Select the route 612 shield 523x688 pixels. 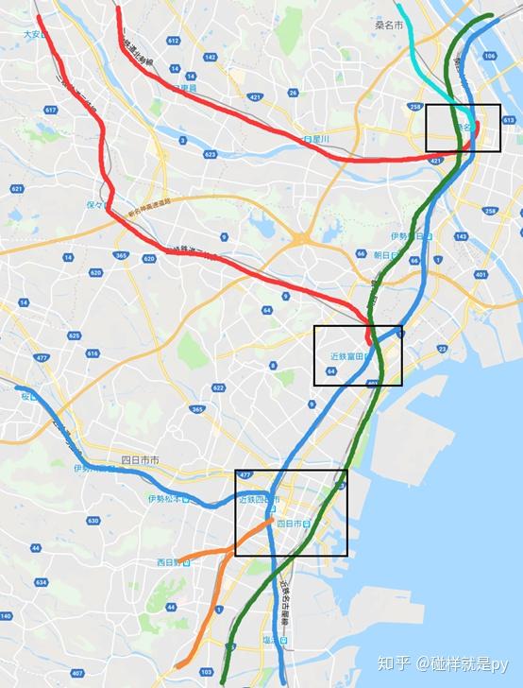point(173,42)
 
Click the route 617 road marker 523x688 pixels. point(50,111)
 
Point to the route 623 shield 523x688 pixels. point(210,153)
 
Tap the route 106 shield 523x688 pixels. point(489,56)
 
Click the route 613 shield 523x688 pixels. point(509,121)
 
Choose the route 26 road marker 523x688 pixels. point(294,93)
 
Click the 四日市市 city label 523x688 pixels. point(141,460)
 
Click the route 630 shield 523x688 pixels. point(93,521)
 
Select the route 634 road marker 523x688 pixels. point(41,583)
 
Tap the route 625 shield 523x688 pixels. point(76,335)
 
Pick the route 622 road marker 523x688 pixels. point(219,387)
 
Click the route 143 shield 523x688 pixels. point(462,235)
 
